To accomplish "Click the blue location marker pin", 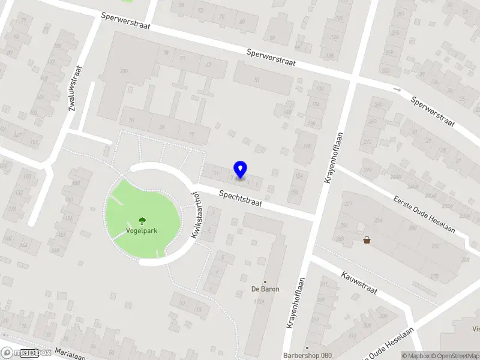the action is (241, 169).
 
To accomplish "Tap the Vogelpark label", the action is (142, 230).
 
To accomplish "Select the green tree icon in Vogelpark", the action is (142, 221).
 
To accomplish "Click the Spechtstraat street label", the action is (241, 199).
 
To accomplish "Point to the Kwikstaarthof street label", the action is (194, 215).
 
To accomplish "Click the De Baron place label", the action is (265, 289).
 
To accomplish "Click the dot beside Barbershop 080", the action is (307, 347).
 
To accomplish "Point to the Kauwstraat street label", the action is (359, 282).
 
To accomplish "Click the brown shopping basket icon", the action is (367, 240).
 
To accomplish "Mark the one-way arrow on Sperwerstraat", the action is (397, 90).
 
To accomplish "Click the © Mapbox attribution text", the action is (413, 356).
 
